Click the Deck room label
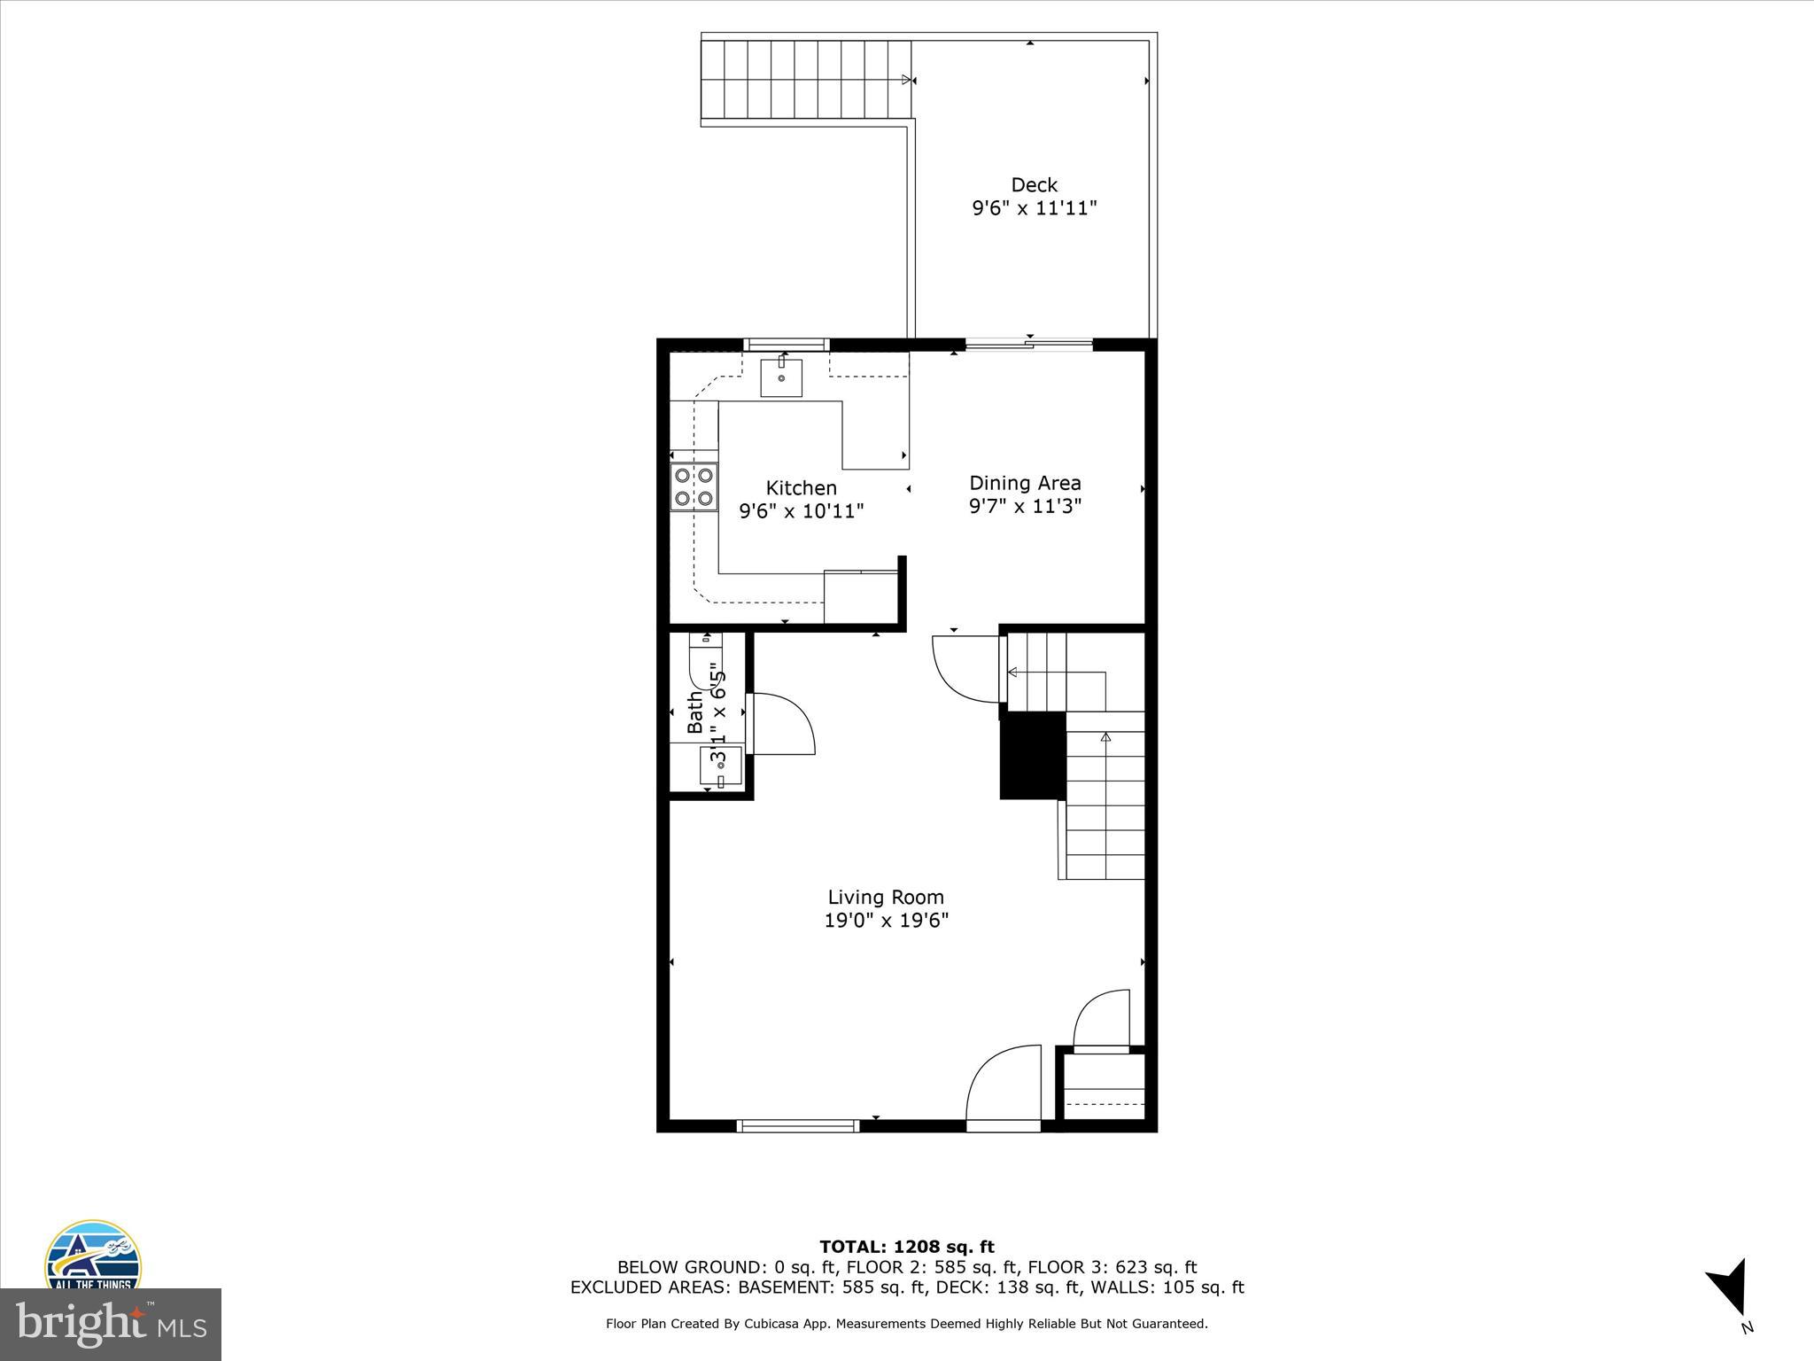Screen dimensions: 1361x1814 1034,185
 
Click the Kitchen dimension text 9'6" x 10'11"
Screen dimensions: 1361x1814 801,511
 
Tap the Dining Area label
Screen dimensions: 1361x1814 1025,483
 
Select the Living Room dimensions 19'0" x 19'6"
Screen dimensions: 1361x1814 886,921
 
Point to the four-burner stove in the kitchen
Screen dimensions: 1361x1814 694,486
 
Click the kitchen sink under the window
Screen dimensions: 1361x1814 781,378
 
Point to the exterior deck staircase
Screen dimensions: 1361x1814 806,80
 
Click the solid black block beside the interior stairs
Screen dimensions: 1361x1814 1032,756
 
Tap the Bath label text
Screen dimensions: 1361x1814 695,712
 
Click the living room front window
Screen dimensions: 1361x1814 797,1126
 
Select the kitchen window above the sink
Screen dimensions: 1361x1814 786,345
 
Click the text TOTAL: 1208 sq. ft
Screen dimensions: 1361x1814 906,1248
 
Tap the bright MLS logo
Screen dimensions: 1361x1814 110,1324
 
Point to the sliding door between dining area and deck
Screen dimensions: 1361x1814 1028,345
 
